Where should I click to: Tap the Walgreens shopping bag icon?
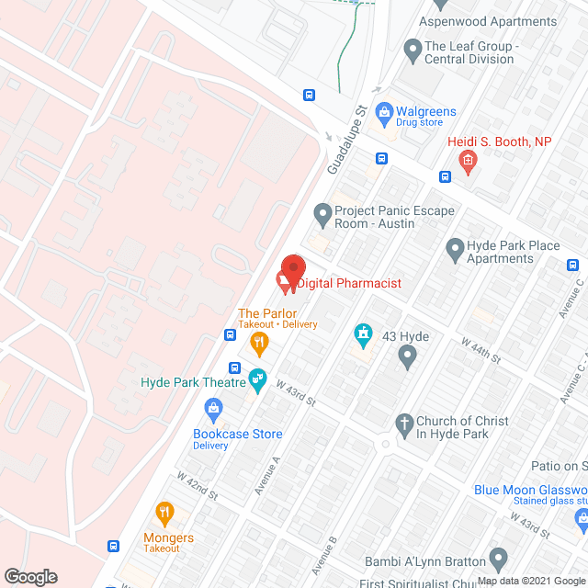(x=386, y=113)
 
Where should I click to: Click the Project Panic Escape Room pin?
(x=322, y=216)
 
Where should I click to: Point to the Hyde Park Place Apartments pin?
(x=455, y=247)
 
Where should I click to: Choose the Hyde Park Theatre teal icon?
(x=257, y=377)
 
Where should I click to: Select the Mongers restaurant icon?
(x=164, y=513)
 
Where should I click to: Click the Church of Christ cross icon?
(x=402, y=424)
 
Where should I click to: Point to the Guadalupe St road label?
(x=346, y=141)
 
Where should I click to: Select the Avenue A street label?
(x=263, y=477)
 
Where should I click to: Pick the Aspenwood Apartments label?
(x=487, y=21)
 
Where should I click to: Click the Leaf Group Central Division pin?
(x=411, y=48)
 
